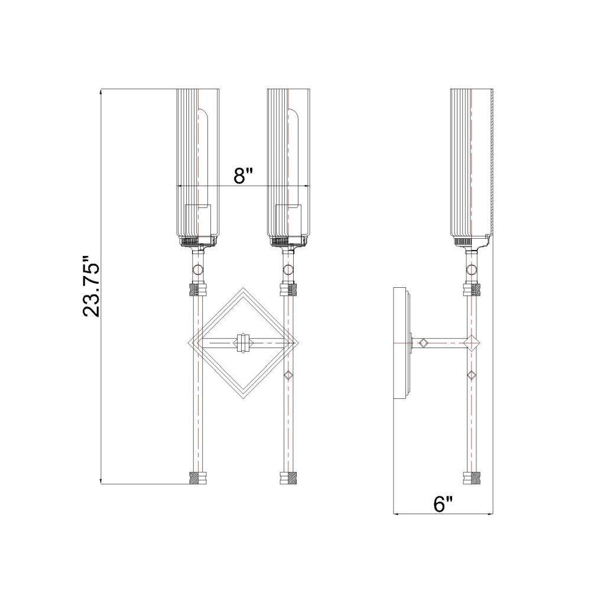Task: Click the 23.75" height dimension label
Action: click(91, 287)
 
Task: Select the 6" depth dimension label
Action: click(443, 504)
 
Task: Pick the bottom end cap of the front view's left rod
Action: click(197, 478)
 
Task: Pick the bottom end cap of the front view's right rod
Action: click(288, 478)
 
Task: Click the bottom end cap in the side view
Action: click(472, 478)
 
